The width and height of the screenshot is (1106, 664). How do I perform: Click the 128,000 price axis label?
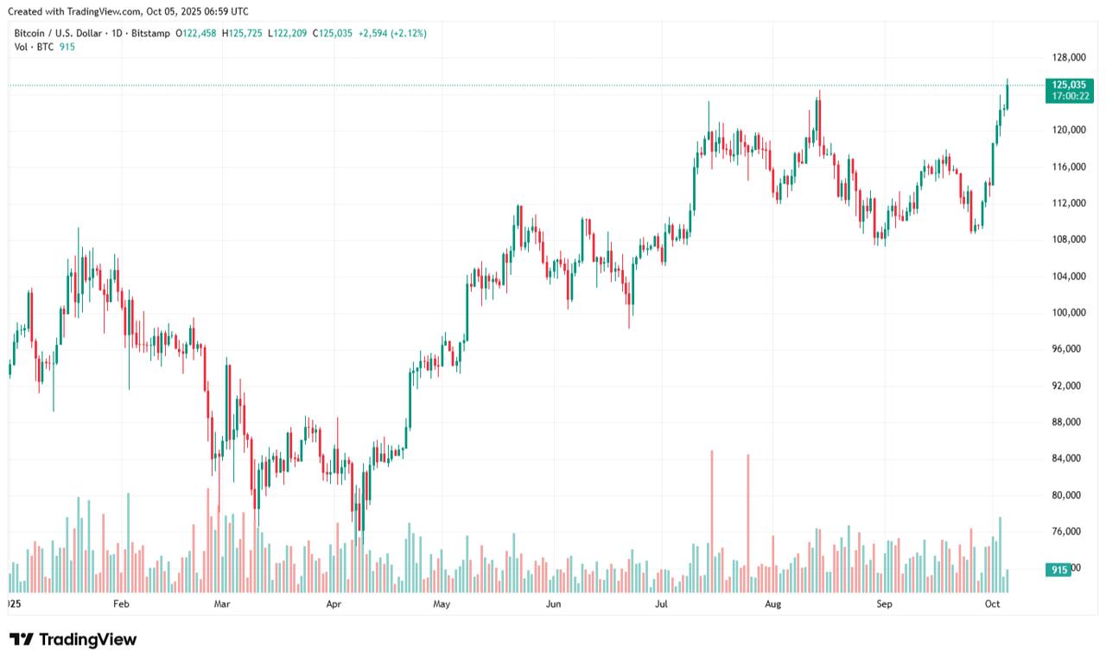point(1068,58)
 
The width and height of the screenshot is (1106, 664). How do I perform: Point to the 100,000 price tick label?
point(1068,312)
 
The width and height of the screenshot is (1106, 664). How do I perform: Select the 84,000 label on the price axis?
point(1068,458)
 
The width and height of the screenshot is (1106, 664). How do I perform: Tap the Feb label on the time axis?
point(121,603)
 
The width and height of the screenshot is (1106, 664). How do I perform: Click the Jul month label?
point(663,603)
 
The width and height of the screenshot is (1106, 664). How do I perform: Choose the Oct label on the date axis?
point(993,603)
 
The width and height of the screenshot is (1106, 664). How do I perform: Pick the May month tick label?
point(442,603)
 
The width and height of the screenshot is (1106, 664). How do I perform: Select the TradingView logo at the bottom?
point(73,640)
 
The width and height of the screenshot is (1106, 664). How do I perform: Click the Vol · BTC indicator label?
point(33,47)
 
